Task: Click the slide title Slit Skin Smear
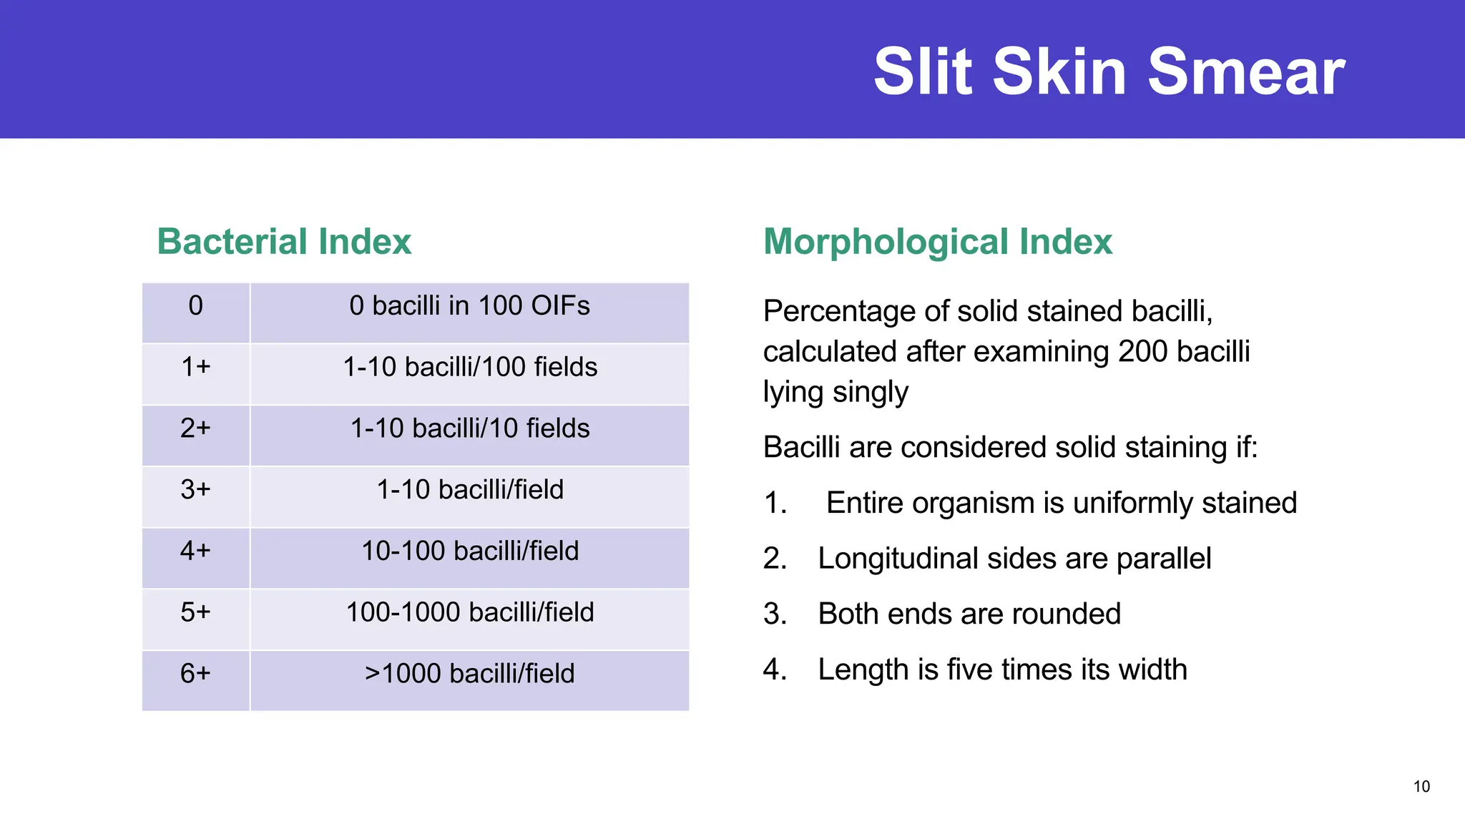[1109, 72]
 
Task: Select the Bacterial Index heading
[284, 242]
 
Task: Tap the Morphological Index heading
[937, 242]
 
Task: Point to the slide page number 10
[1421, 787]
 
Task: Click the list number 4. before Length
[775, 670]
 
